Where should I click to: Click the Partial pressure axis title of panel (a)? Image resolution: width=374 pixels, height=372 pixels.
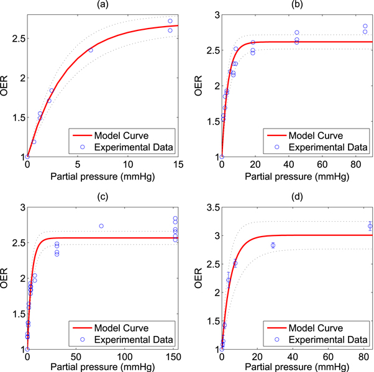(x=103, y=176)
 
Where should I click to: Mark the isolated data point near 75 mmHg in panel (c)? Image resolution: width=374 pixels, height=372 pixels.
(x=101, y=226)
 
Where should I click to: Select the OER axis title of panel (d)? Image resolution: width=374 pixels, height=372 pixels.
(x=200, y=278)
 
